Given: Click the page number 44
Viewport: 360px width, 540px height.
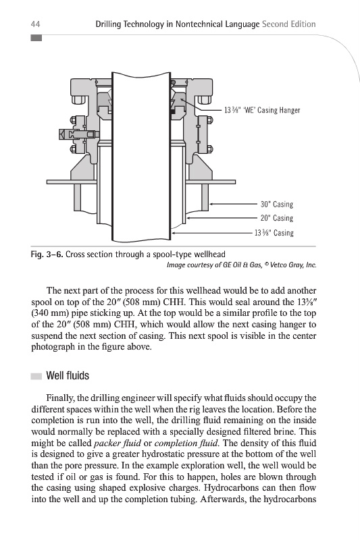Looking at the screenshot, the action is [36, 24].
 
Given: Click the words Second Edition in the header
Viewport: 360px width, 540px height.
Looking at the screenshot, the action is [288, 24].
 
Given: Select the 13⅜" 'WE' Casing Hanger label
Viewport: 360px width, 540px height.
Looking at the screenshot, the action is [262, 110].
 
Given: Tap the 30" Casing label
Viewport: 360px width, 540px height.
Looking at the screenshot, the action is [277, 205].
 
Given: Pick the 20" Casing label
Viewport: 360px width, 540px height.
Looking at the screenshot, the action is [277, 218].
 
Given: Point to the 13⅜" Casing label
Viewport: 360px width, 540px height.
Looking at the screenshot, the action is [274, 233].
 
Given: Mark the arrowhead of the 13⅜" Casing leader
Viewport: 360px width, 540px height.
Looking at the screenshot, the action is [174, 233].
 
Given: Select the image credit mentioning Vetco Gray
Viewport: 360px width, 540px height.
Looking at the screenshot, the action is [241, 265].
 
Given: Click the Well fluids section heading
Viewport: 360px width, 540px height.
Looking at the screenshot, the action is [68, 375].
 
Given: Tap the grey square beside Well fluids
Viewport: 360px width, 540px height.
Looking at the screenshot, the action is [36, 376].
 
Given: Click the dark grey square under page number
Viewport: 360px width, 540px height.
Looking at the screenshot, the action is [36, 38].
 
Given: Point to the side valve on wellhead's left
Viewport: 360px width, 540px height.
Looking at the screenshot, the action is [78, 134].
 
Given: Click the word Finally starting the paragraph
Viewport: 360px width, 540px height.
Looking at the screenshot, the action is [60, 398].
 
